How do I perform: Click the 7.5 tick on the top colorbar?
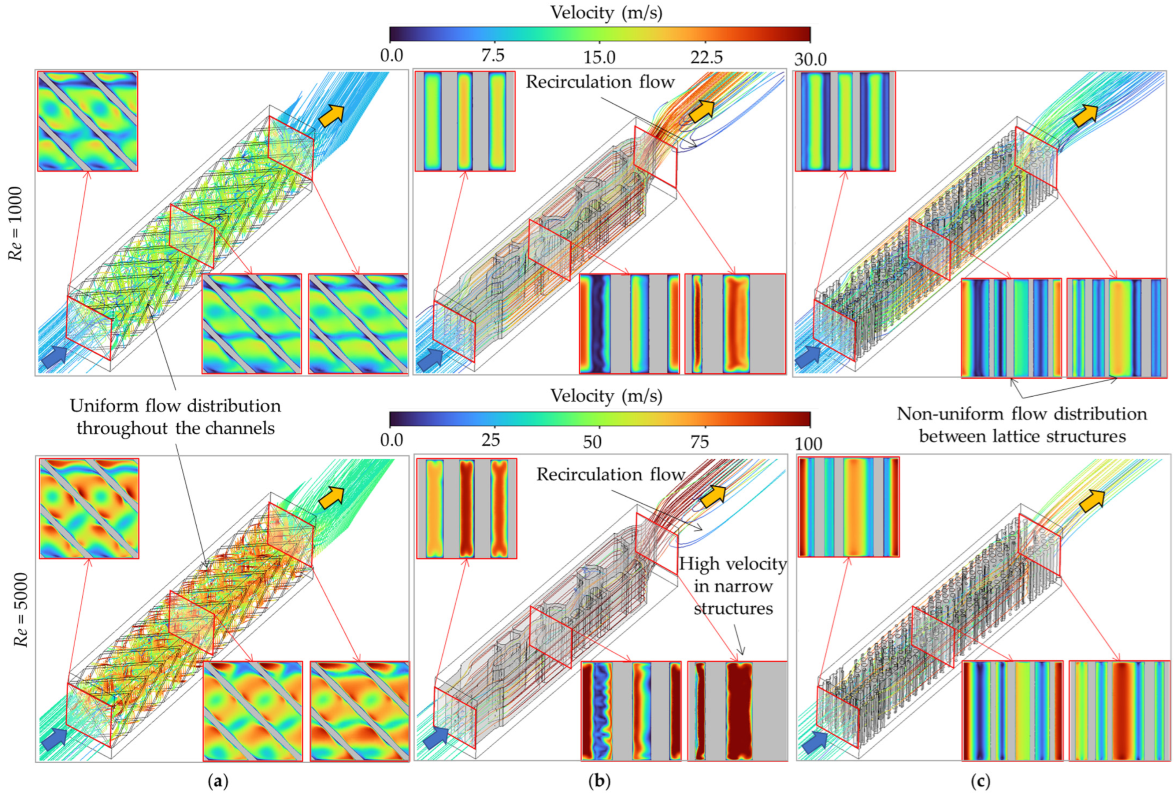(x=492, y=56)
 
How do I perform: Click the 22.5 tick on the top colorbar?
(x=706, y=57)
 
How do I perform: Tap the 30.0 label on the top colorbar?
(x=810, y=59)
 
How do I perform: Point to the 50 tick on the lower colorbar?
(x=592, y=442)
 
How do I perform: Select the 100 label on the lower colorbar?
(x=808, y=444)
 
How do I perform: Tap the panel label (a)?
(x=218, y=781)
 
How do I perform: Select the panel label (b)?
(x=599, y=781)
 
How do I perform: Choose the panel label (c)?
(x=980, y=781)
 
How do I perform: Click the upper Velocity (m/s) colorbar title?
(x=606, y=12)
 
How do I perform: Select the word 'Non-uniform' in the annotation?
(x=950, y=414)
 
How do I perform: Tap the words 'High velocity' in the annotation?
(x=732, y=564)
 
